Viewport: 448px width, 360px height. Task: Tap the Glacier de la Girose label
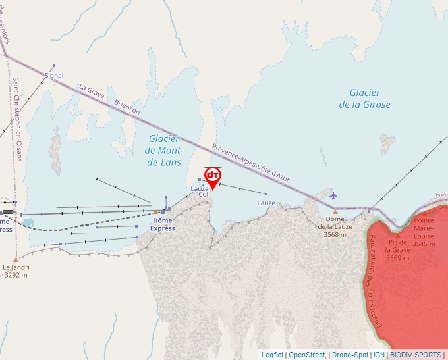pos(364,99)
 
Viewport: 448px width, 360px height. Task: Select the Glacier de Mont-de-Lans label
pos(164,150)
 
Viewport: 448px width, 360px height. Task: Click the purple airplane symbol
pos(333,195)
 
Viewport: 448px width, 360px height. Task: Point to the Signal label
pos(54,76)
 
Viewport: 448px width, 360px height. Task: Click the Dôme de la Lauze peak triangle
pos(335,211)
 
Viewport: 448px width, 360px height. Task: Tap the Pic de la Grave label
pos(397,249)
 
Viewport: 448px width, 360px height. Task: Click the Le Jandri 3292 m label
pos(16,271)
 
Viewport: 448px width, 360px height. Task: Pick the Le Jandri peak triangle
pos(16,260)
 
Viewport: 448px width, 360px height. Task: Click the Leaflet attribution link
pos(272,355)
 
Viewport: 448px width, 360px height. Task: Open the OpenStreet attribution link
pos(306,355)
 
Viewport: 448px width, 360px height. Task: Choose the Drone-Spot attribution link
pos(350,355)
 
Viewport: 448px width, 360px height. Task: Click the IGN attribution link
pos(379,355)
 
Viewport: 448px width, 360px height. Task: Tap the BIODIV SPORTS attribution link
pos(416,355)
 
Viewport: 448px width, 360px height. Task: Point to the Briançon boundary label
pos(126,107)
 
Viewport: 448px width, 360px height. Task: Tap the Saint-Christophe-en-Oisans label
pos(17,119)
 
